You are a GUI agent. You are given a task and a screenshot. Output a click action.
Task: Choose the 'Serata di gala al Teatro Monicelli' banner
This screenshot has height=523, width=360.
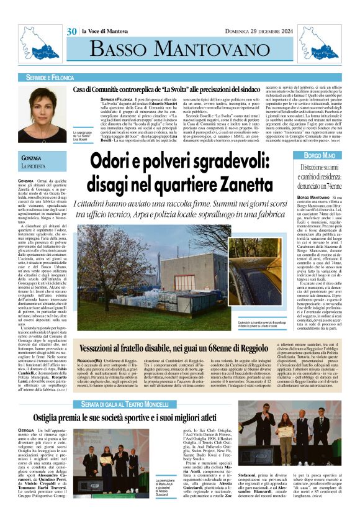click(x=130, y=386)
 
